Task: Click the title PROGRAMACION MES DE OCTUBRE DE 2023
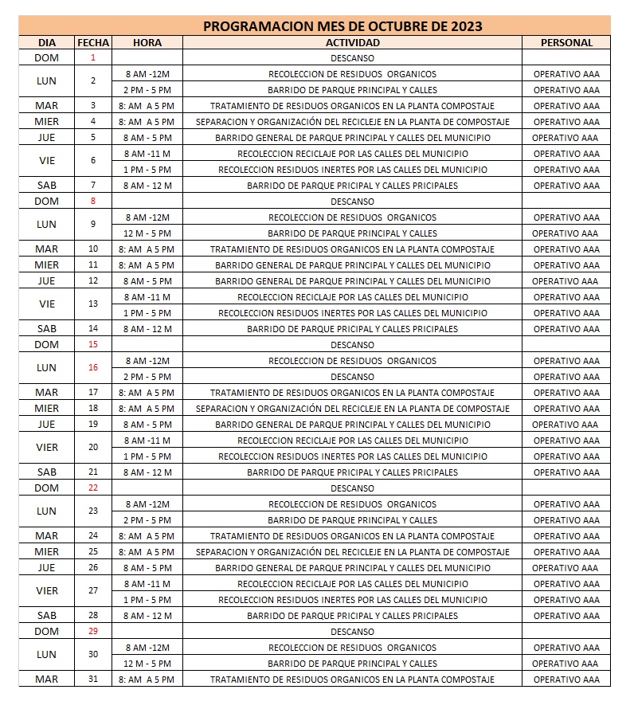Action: pyautogui.click(x=342, y=26)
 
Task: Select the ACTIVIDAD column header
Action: pyautogui.click(x=352, y=42)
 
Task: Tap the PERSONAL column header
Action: pyautogui.click(x=566, y=42)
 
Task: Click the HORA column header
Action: pyautogui.click(x=147, y=42)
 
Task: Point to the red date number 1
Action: pyautogui.click(x=93, y=58)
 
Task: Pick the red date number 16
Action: pyautogui.click(x=93, y=368)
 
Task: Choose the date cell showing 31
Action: pyautogui.click(x=93, y=680)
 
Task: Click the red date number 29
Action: pyautogui.click(x=93, y=632)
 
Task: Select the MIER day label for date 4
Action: pyautogui.click(x=47, y=122)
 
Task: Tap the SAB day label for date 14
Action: pyautogui.click(x=47, y=329)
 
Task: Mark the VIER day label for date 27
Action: pyautogui.click(x=47, y=591)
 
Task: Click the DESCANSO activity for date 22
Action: pyautogui.click(x=352, y=488)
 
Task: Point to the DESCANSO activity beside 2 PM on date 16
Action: pyautogui.click(x=352, y=377)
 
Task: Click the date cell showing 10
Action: pyautogui.click(x=93, y=249)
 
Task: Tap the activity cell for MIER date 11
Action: pyautogui.click(x=352, y=265)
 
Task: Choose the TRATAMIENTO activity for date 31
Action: pyautogui.click(x=352, y=680)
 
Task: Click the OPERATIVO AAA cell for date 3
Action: pyautogui.click(x=566, y=106)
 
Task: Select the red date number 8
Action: pyautogui.click(x=93, y=202)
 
